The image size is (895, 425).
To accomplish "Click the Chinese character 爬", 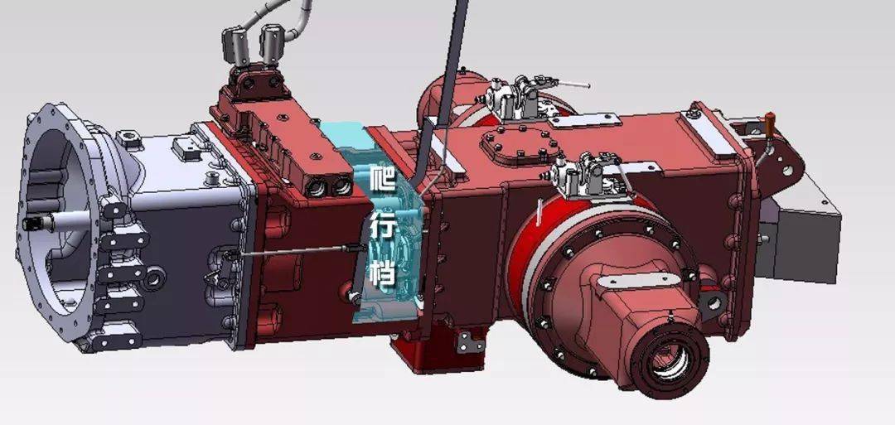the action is (382, 178).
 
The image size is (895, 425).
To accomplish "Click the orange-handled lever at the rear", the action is (769, 125).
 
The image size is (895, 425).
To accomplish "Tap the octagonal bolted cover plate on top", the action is (519, 145).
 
